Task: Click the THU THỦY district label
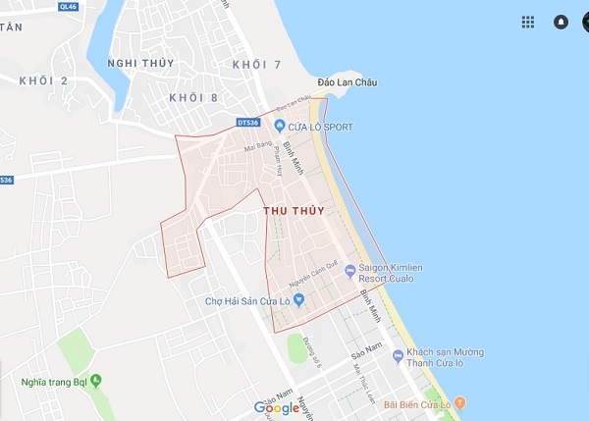pos(294,210)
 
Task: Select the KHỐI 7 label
pos(257,64)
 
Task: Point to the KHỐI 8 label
pos(192,97)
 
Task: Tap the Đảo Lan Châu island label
pos(348,82)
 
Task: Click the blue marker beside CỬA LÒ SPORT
pos(279,126)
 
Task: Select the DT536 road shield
pos(248,123)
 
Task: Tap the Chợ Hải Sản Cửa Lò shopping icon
pos(299,300)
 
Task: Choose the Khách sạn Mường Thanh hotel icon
pos(398,355)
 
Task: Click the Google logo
pos(277,407)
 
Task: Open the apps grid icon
pos(528,22)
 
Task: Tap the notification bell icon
pos(561,22)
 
